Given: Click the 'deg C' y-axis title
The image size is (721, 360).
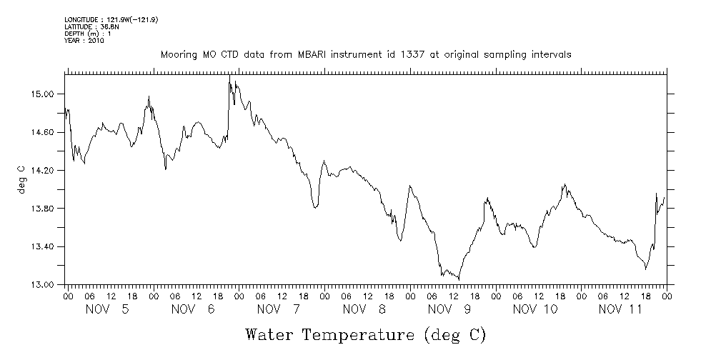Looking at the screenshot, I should point(21,179).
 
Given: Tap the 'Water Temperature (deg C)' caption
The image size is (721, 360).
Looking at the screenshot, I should point(365,334).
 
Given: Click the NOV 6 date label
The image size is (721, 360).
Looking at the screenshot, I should point(194,309).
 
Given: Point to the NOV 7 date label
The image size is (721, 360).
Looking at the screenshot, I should point(279,309).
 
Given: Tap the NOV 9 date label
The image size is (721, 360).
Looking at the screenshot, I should point(450,309).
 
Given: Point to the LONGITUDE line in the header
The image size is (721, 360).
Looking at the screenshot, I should point(111,19).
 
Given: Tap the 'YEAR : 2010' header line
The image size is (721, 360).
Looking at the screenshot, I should point(84,41).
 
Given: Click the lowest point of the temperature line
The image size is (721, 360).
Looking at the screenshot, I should point(459,279).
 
